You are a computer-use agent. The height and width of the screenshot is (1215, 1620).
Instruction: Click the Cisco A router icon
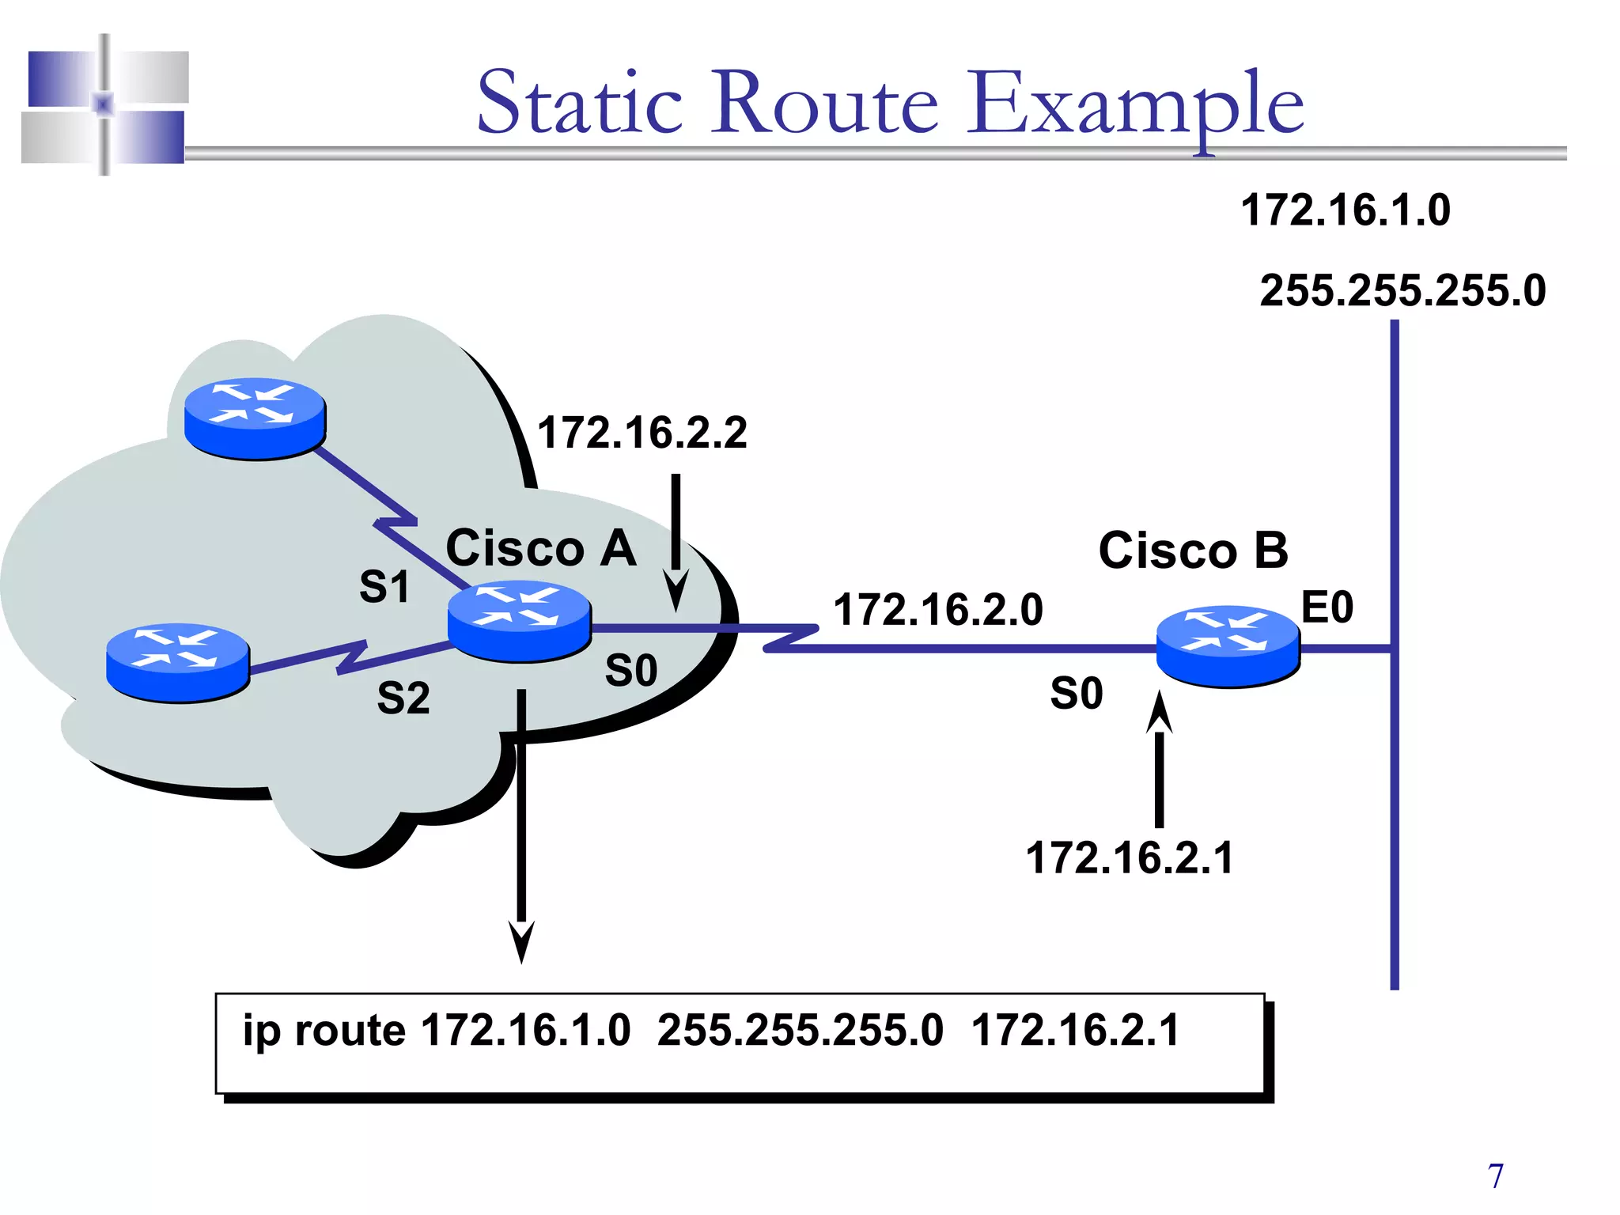(x=519, y=622)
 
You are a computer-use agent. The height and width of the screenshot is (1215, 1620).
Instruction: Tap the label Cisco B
(x=1193, y=551)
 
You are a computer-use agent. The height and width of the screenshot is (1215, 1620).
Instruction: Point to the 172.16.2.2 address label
(x=642, y=433)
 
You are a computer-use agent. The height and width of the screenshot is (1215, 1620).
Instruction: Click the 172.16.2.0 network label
(x=938, y=610)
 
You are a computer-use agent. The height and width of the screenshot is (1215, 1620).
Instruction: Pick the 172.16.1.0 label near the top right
(x=1345, y=210)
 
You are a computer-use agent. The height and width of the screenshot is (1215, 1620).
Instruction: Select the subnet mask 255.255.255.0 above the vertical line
(x=1402, y=290)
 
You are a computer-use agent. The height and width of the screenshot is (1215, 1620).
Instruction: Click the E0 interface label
(x=1327, y=607)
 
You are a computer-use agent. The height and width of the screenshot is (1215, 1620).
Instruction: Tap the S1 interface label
(x=384, y=587)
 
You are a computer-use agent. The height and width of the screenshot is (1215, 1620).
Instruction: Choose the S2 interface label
(x=403, y=698)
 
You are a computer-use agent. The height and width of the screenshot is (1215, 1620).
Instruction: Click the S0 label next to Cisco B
(x=1076, y=694)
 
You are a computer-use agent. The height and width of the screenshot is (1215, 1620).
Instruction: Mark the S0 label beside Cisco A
(x=631, y=671)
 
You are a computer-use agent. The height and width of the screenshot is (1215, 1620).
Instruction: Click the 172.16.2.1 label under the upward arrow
(x=1130, y=858)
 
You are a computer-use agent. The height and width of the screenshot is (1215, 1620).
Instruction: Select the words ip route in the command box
(x=324, y=1031)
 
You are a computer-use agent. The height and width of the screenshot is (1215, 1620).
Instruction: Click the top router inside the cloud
(x=255, y=418)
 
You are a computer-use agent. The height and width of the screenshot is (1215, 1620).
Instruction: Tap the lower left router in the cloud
(x=178, y=663)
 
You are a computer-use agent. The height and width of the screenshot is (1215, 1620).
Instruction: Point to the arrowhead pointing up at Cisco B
(x=1160, y=712)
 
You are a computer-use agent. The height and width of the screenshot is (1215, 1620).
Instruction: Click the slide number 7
(x=1495, y=1176)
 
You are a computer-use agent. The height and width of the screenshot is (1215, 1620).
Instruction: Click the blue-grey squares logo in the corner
(x=104, y=105)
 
